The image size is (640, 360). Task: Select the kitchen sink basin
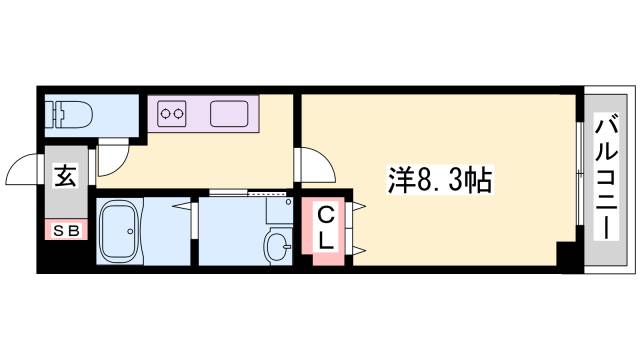tap(230, 112)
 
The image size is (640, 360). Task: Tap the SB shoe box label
tap(66, 231)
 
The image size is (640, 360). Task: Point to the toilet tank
tap(55, 111)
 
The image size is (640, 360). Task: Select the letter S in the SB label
tap(59, 231)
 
